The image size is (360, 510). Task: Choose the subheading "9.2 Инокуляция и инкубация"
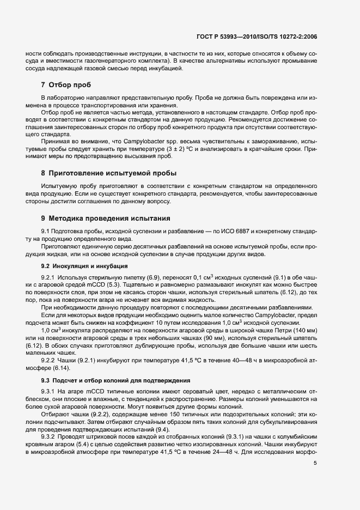[x=84, y=266]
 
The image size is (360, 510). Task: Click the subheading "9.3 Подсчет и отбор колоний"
[x=112, y=379]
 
